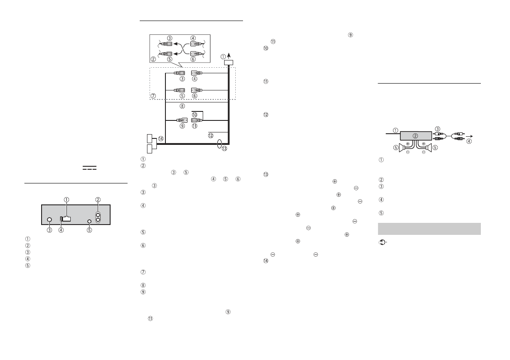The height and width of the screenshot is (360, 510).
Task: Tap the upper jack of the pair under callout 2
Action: click(98, 215)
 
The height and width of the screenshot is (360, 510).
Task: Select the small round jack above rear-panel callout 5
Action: click(89, 222)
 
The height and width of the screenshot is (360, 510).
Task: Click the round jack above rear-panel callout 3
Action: click(50, 220)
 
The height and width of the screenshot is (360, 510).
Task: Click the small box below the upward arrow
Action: click(228, 62)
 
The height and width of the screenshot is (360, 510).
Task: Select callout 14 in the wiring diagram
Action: click(160, 138)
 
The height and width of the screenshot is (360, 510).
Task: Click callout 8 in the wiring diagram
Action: click(182, 106)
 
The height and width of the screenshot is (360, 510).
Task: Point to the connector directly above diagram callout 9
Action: click(182, 120)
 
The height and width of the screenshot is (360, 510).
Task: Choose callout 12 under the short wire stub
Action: click(210, 135)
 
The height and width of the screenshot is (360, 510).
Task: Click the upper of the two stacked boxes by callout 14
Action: click(149, 138)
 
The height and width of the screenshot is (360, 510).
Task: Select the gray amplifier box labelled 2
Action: click(415, 136)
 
